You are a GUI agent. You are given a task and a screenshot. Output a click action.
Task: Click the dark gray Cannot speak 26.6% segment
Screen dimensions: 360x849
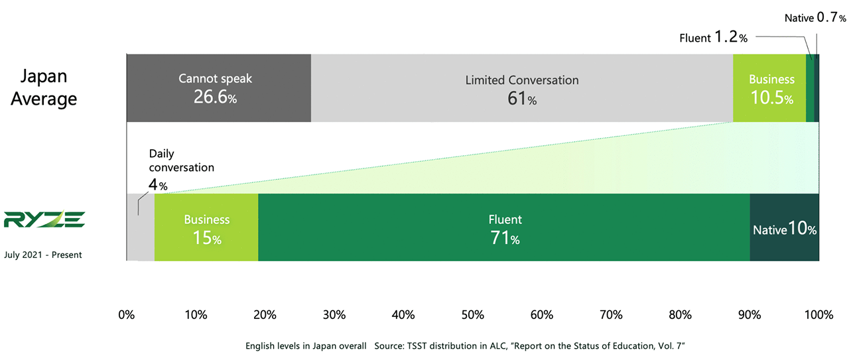(x=218, y=88)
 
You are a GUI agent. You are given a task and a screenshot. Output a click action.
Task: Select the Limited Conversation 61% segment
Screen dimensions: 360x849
(x=521, y=88)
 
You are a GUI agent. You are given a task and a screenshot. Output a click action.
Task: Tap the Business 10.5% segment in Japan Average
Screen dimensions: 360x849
(x=769, y=88)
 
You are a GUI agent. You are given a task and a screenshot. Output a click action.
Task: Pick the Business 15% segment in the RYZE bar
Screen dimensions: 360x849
(x=206, y=227)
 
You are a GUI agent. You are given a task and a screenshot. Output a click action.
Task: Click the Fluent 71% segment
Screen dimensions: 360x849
(x=504, y=227)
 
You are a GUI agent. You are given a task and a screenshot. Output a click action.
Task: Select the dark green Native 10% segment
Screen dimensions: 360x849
(x=784, y=227)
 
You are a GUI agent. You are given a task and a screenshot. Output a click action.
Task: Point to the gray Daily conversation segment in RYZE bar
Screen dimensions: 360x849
(x=140, y=227)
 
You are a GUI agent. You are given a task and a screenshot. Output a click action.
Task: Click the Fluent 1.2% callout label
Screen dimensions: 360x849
(x=713, y=38)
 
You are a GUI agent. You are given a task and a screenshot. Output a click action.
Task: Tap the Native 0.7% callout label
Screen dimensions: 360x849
(x=815, y=18)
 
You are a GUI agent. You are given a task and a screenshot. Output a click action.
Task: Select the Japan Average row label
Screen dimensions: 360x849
(x=44, y=88)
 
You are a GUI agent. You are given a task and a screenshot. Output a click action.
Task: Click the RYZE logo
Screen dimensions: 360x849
(x=44, y=219)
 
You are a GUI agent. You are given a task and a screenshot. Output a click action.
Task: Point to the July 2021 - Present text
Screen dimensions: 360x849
(x=43, y=255)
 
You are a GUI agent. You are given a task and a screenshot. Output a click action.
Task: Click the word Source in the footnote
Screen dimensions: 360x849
(x=391, y=346)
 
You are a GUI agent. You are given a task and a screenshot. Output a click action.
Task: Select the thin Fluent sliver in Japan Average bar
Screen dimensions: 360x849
(x=810, y=88)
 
